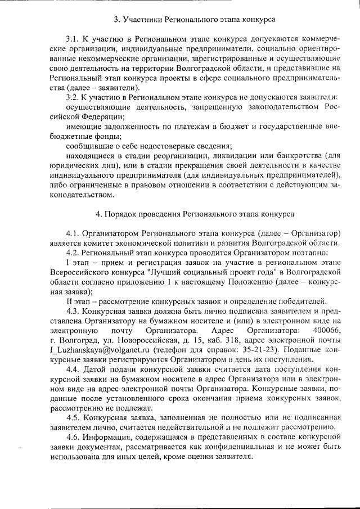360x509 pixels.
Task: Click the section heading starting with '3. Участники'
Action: pyautogui.click(x=194, y=20)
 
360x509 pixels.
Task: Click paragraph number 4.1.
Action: pyautogui.click(x=73, y=233)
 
